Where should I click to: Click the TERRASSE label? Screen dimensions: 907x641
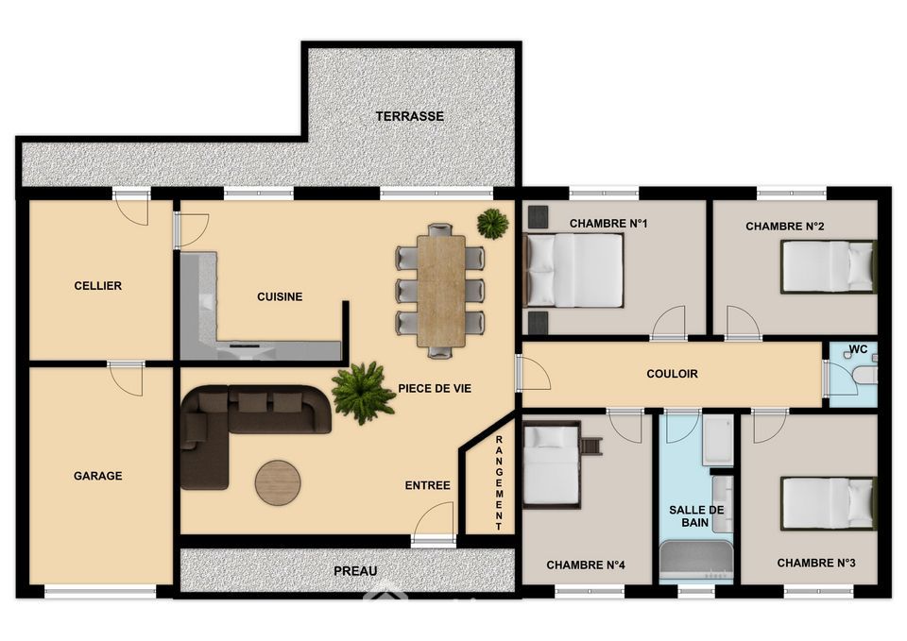[409, 116]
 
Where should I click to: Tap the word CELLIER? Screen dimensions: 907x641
[97, 285]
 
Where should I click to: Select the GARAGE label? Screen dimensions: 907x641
[97, 476]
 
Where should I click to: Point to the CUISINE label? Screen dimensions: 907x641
[280, 296]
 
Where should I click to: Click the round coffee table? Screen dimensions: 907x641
[278, 482]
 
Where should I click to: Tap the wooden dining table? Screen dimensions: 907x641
[441, 291]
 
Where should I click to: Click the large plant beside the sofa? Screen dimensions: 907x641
[363, 393]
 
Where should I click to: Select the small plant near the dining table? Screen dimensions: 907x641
[493, 223]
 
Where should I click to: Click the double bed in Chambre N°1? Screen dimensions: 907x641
[573, 270]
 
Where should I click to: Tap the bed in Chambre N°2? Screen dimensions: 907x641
[829, 266]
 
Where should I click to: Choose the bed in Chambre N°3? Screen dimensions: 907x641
[829, 503]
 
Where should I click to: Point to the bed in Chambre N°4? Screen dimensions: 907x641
[551, 464]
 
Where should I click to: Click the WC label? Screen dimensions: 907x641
[859, 349]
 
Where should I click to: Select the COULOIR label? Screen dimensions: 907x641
[672, 374]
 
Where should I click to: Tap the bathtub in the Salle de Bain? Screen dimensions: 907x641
[696, 560]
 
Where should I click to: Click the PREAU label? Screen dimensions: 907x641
[355, 571]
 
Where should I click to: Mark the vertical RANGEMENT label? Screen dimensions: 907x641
[499, 483]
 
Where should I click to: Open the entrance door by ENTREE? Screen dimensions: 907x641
[434, 522]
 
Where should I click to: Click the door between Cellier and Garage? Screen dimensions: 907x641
[125, 380]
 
